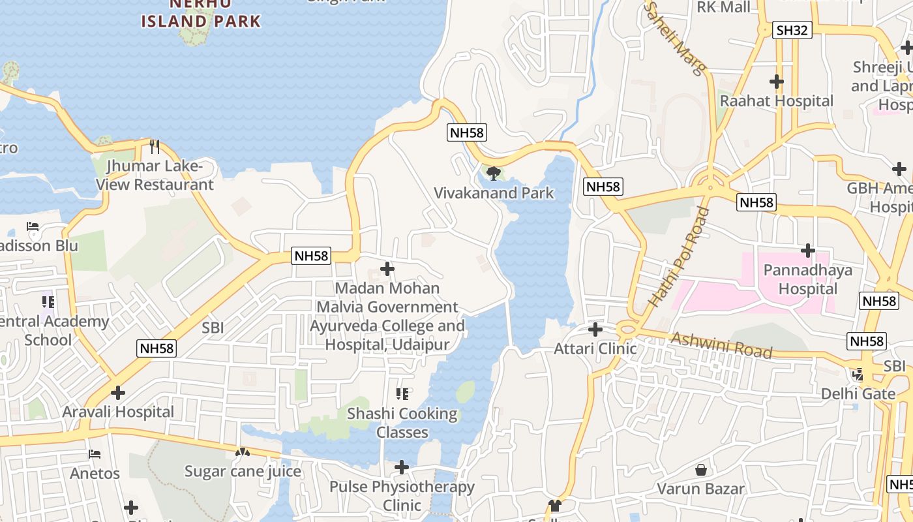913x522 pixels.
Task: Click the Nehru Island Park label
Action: point(201,14)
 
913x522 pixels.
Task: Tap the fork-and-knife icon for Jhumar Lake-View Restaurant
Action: point(155,146)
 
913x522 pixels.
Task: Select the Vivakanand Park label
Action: point(494,193)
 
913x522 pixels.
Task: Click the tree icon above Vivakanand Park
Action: point(494,174)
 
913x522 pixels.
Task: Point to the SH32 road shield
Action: point(792,30)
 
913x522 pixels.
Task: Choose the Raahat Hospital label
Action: point(776,101)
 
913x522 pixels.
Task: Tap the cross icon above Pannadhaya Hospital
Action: point(808,251)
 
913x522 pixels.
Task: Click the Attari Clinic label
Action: point(595,349)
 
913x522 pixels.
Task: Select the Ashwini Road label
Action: point(721,345)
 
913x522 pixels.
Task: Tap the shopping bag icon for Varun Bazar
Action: point(701,470)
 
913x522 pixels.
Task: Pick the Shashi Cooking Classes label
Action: point(402,423)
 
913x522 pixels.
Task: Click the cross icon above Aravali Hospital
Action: point(118,393)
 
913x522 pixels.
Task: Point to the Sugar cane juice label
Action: point(243,472)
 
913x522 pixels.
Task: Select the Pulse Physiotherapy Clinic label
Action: point(402,496)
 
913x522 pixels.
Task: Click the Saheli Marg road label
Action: point(676,38)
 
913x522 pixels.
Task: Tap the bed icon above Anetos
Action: point(95,454)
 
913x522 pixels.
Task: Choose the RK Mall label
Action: point(724,8)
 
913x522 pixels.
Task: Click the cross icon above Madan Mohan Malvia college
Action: point(387,269)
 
